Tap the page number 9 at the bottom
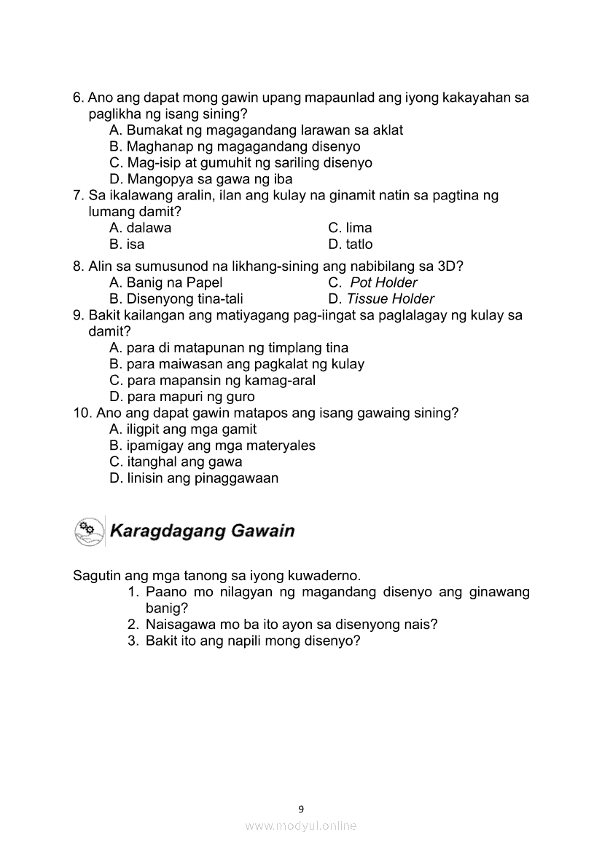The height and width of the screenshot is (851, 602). pos(301,808)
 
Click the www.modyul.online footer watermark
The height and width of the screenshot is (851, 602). pos(301,826)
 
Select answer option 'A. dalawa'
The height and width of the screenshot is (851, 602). pos(140,228)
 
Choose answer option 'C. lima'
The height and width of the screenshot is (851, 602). pos(350,228)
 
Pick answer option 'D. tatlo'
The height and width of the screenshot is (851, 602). pos(350,245)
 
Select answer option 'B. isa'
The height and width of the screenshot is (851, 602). pos(127,245)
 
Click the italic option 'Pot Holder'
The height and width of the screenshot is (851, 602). pos(384,282)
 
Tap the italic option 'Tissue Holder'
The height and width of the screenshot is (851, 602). pos(391,298)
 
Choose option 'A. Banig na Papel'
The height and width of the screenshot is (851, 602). pos(165,282)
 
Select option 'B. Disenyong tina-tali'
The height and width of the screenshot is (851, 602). pos(176,298)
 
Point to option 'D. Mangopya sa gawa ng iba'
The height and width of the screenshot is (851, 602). pos(200,179)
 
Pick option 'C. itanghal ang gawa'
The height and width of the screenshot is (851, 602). pos(176,462)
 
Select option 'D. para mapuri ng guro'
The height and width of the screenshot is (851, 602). pos(182,397)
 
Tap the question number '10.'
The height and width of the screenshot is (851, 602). pos(82,413)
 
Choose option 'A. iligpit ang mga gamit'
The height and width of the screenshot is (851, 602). pos(183,430)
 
